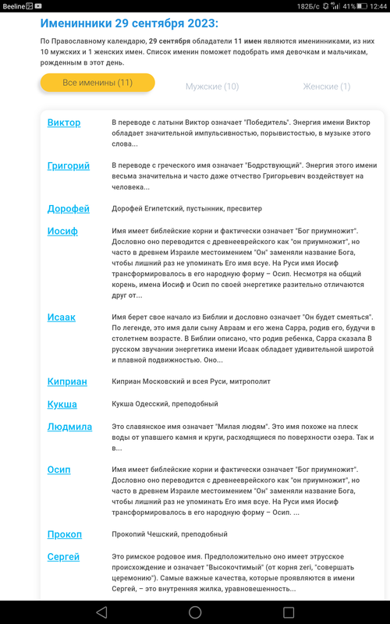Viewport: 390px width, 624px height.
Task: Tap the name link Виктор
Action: (63, 123)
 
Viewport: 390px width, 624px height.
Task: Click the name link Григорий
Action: (68, 166)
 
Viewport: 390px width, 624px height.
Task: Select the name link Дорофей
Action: (68, 209)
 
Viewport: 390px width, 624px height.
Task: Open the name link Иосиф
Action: (63, 231)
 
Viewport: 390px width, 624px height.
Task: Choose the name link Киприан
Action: (67, 381)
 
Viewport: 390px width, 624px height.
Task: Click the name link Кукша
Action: (62, 404)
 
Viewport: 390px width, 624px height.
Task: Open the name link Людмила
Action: (69, 427)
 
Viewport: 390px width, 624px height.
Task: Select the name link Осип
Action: (58, 470)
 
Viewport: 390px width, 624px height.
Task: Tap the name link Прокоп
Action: (64, 534)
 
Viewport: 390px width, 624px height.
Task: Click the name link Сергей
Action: (63, 556)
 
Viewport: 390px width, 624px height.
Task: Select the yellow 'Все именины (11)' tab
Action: (97, 83)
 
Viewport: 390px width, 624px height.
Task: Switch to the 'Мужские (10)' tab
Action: (212, 87)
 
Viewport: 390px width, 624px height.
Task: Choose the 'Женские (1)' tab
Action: (326, 87)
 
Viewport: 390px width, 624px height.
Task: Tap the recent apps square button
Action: (289, 612)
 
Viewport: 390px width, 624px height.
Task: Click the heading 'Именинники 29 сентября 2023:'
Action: (129, 24)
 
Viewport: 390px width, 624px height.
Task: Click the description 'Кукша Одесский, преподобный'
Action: (165, 404)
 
